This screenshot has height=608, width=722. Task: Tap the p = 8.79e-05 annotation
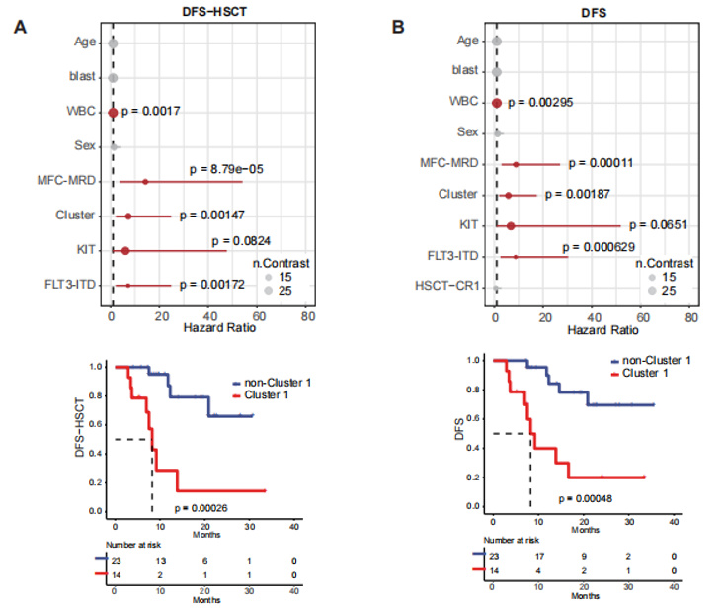[x=228, y=169]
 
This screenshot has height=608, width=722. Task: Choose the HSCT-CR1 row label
[x=451, y=287]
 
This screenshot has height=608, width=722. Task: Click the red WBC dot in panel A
[x=113, y=113]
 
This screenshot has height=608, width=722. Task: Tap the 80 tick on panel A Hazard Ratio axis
[x=308, y=316]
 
